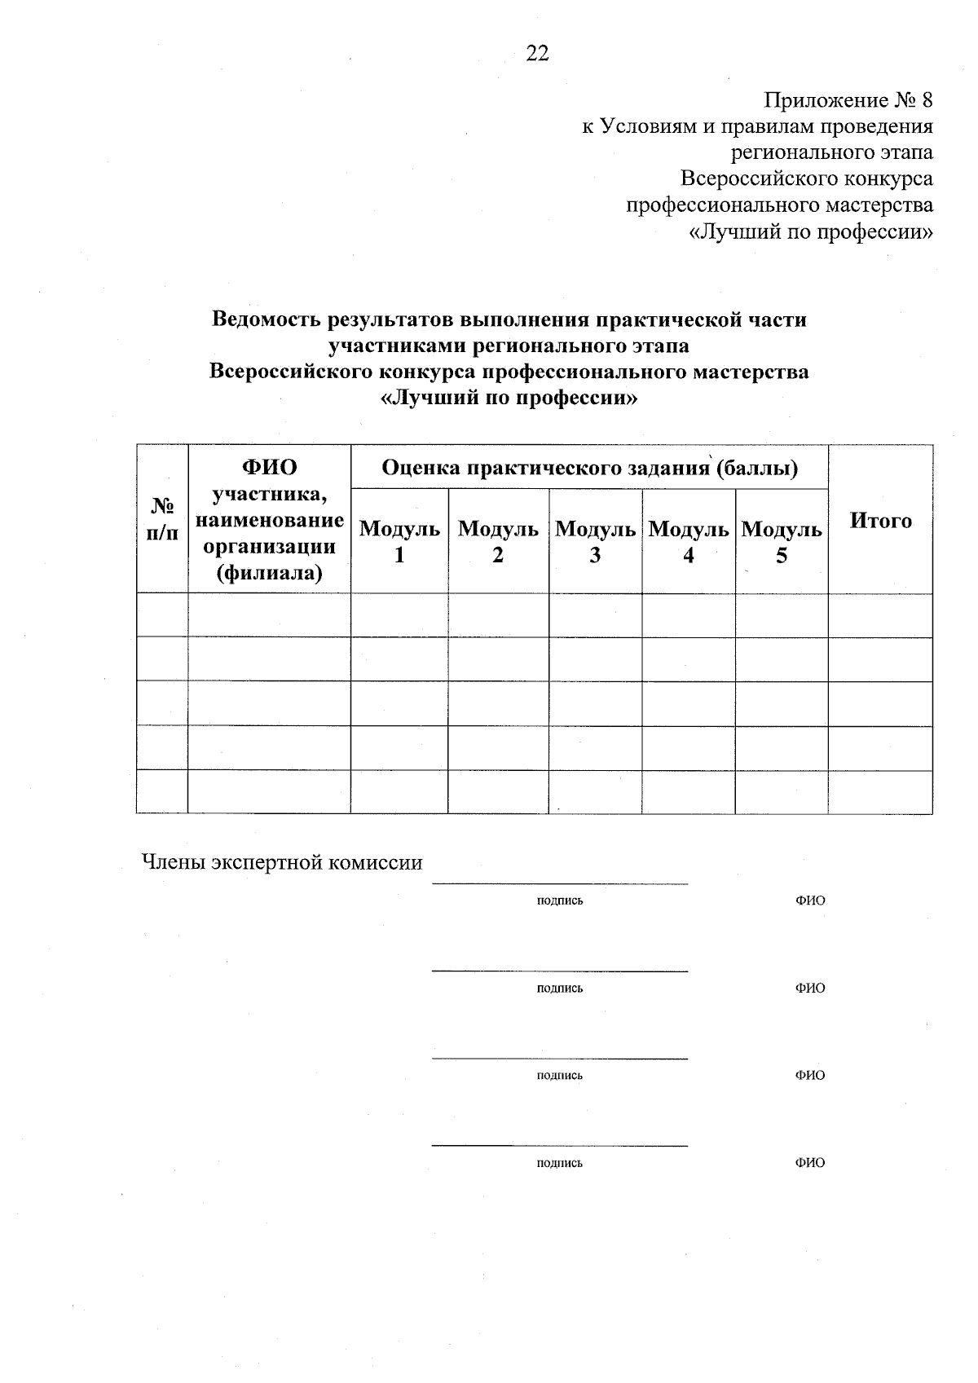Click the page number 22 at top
(538, 54)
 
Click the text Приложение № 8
(848, 100)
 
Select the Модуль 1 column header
(399, 542)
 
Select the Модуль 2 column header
(498, 542)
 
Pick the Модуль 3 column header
(595, 542)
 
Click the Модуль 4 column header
(689, 542)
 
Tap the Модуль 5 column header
(782, 542)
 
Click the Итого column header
(880, 521)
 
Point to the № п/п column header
(162, 519)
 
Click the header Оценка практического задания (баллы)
(589, 468)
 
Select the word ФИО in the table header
(269, 467)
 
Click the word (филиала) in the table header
(269, 573)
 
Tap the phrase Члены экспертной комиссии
(283, 862)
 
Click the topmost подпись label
(560, 901)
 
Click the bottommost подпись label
(560, 1163)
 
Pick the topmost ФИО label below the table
(810, 901)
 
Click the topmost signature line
(560, 883)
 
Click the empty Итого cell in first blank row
(880, 615)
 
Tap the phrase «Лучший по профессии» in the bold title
(509, 399)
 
